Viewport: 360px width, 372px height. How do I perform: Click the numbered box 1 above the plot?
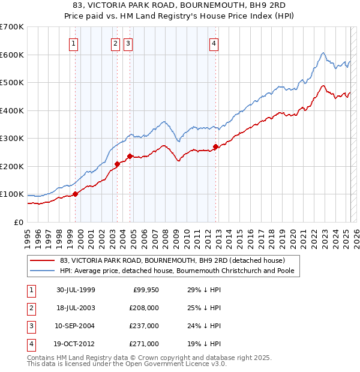73,43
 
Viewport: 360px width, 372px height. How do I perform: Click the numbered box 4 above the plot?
214,43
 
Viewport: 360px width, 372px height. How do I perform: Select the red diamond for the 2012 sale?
215,146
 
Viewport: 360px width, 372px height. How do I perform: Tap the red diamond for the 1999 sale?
76,194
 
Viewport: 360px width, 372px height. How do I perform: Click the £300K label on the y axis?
13,138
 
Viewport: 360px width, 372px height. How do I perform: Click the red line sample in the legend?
42,260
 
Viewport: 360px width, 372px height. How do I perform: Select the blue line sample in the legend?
42,271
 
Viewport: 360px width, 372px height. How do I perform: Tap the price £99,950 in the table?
144,290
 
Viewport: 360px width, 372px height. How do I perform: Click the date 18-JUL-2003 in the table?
76,308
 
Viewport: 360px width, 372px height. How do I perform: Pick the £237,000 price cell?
144,326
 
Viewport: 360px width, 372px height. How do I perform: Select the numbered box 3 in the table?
30,326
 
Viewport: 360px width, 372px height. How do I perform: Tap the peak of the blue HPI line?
323,53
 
